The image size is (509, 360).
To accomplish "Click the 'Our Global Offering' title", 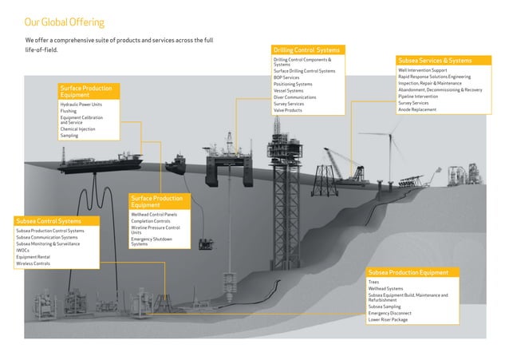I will [x=64, y=22].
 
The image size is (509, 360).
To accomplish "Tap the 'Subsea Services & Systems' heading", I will [x=434, y=61].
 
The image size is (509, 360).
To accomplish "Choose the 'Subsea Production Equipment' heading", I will [x=408, y=272].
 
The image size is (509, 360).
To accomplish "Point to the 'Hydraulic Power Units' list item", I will [x=81, y=105].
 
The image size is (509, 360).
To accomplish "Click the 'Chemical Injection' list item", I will [x=77, y=129].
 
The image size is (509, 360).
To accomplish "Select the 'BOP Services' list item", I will [x=286, y=77].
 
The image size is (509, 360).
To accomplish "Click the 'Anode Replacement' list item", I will [x=417, y=109].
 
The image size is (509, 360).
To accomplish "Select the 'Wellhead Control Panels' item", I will [x=154, y=215].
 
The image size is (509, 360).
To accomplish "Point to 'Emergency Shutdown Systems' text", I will [x=151, y=242].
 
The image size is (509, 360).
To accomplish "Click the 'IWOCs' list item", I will [x=22, y=250].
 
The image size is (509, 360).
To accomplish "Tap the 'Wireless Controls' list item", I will [x=33, y=263].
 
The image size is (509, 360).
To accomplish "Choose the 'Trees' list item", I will [x=373, y=282].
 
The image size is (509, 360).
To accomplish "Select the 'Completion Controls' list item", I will [x=152, y=221].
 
